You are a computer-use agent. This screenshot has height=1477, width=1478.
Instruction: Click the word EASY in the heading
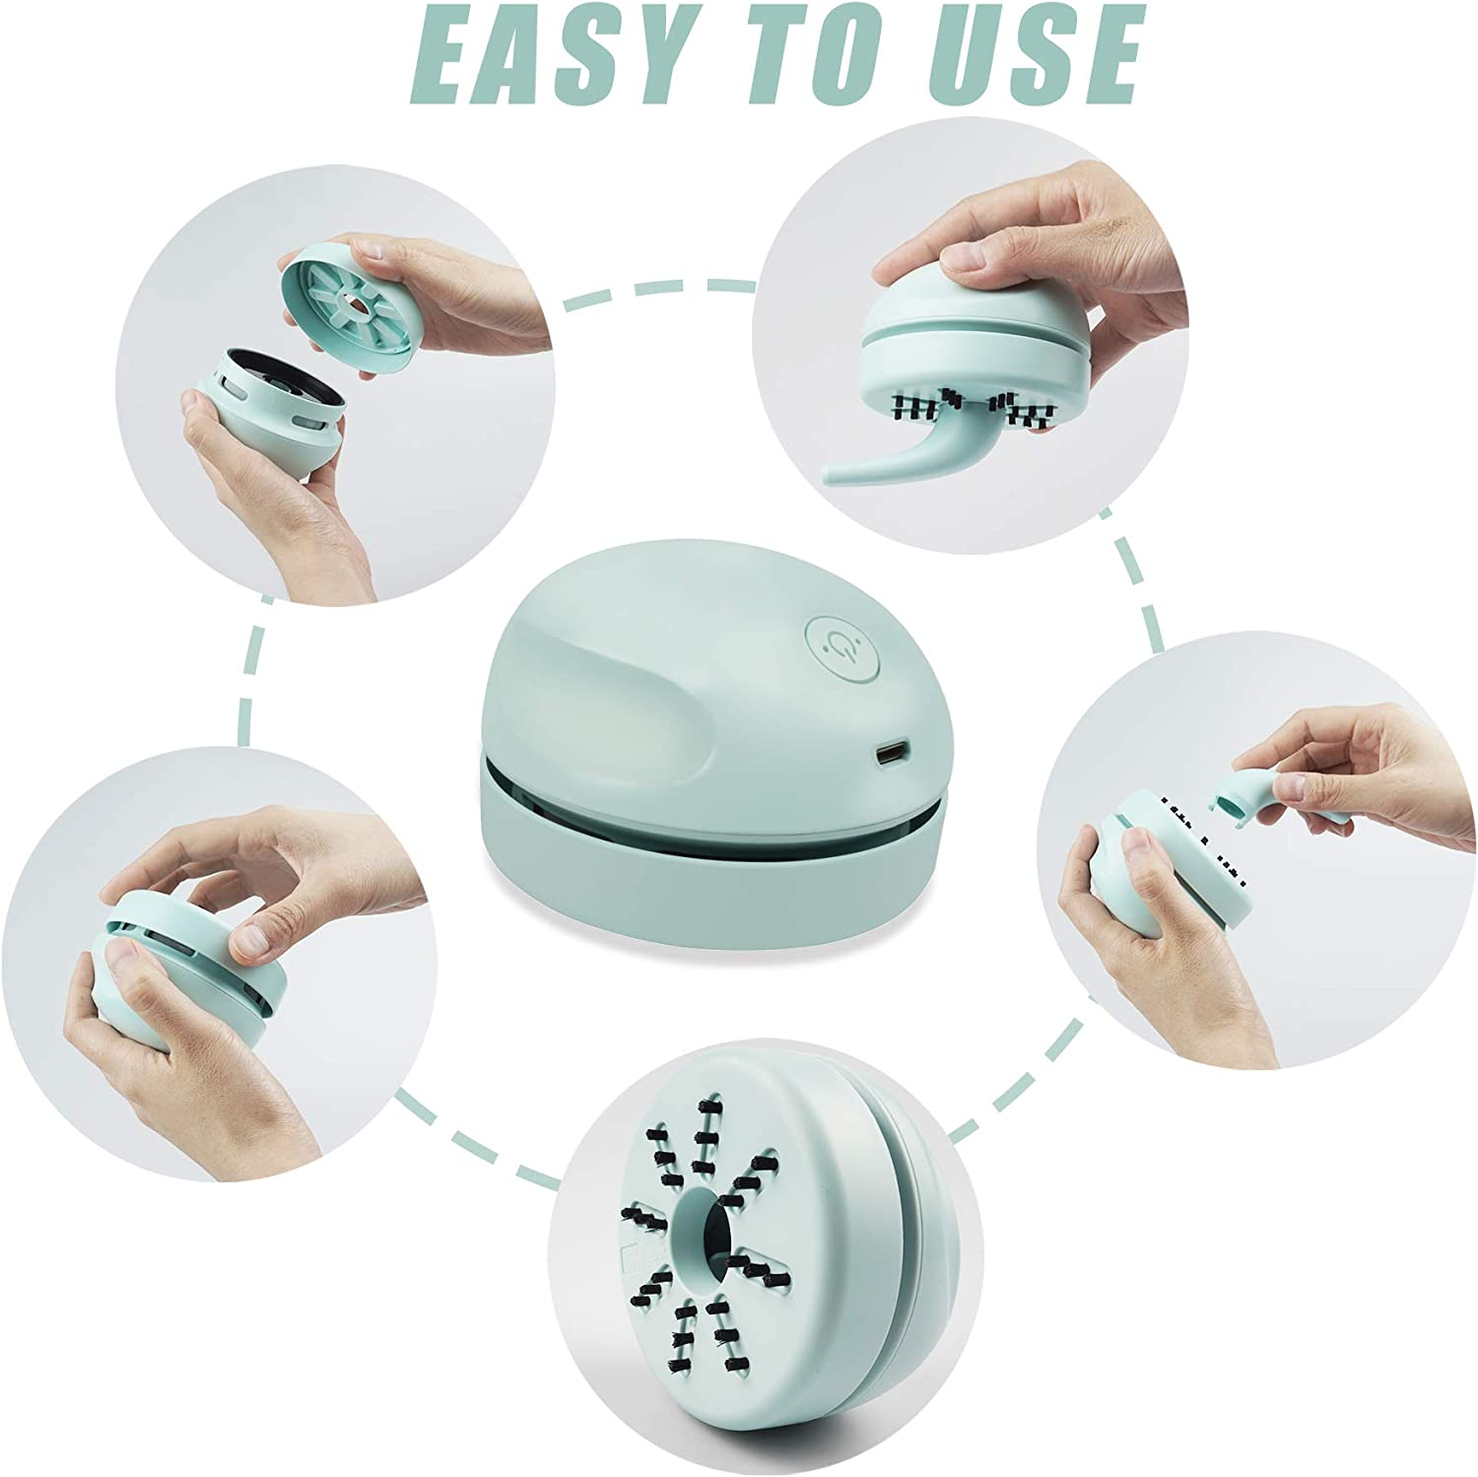click(548, 56)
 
